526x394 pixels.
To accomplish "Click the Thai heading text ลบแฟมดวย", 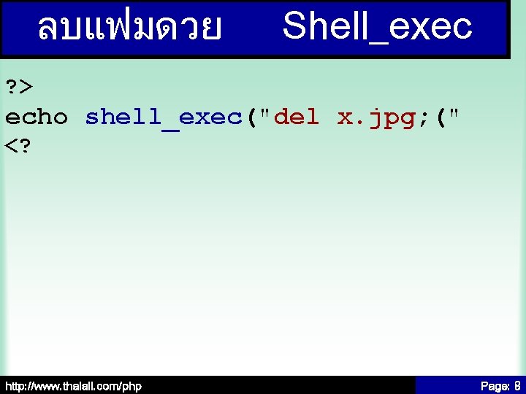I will tap(130, 28).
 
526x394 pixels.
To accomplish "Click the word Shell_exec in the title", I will tap(377, 27).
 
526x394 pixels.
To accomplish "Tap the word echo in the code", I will tap(37, 117).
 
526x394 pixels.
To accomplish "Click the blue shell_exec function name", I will tap(164, 117).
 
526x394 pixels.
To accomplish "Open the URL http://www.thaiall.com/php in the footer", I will tap(73, 385).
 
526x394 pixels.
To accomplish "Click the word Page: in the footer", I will tap(494, 385).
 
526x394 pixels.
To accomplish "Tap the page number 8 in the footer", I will tap(517, 385).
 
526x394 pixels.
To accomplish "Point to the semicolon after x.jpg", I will tap(424, 117).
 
